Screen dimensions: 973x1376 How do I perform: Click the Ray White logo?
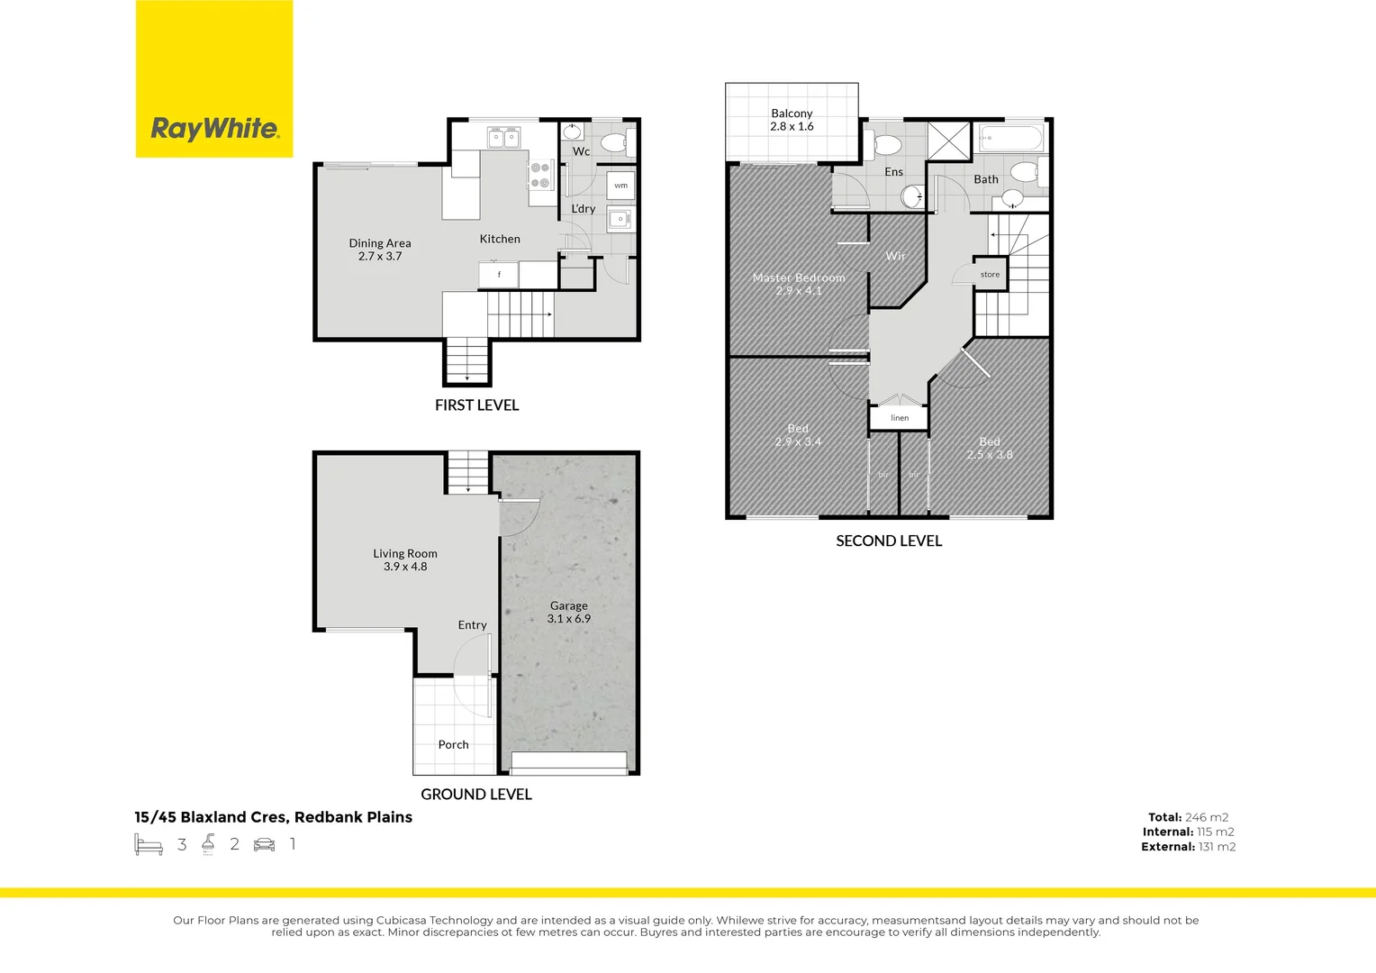pos(214,129)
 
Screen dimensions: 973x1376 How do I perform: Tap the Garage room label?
pos(568,613)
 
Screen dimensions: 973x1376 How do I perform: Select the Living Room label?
pos(405,559)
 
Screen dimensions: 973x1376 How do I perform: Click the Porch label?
pos(453,744)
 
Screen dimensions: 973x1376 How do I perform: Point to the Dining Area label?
pos(379,250)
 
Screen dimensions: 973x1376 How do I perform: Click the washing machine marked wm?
pos(620,186)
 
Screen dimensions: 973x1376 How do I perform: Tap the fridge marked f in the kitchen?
pos(498,274)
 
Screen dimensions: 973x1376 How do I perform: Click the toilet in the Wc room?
pos(615,142)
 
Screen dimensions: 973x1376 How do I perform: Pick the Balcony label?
pos(792,120)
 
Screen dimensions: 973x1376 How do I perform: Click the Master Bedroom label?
pos(799,284)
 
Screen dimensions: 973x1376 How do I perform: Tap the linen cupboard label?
pos(900,418)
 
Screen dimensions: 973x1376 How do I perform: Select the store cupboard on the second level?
pos(990,274)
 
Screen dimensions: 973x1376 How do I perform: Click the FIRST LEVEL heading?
pos(476,405)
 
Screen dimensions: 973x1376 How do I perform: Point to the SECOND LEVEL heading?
pos(889,541)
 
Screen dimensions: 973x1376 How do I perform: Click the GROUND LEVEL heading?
pos(476,794)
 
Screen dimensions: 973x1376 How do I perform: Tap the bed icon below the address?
pos(149,844)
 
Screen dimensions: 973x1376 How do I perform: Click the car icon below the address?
pos(264,844)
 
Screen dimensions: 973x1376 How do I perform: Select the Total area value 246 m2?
pos(1206,817)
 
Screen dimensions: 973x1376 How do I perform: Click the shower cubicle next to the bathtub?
pos(948,141)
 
